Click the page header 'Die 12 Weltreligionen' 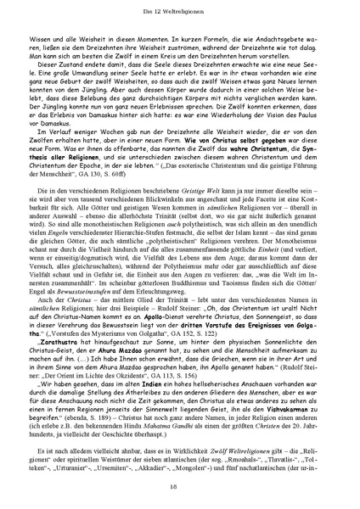click(180, 8)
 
